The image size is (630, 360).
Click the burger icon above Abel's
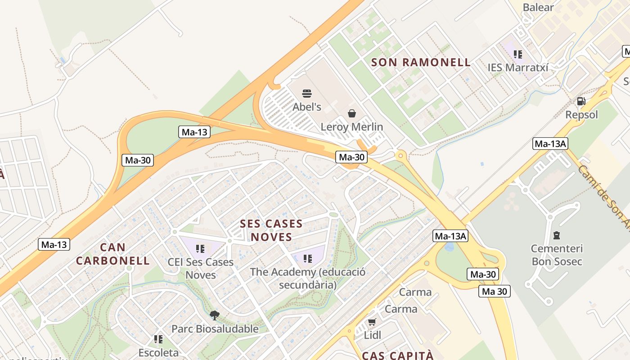click(307, 94)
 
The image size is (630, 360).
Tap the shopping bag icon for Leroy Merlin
click(352, 113)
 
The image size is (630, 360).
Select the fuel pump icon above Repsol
click(581, 101)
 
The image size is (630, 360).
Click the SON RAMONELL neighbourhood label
click(421, 63)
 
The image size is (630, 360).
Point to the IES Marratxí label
click(518, 67)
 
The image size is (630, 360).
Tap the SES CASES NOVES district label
click(271, 230)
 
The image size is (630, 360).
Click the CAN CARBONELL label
click(112, 254)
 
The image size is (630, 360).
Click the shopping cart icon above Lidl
click(372, 322)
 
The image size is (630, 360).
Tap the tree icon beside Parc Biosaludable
click(215, 315)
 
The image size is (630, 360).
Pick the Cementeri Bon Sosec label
click(557, 255)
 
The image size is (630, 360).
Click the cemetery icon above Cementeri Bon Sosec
click(557, 235)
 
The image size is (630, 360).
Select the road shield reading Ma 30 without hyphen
click(494, 291)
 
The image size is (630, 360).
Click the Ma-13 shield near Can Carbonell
click(54, 244)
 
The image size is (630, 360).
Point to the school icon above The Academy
click(308, 259)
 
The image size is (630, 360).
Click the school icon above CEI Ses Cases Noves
click(200, 249)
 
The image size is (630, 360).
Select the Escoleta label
click(158, 352)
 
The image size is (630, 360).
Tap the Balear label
click(538, 7)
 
